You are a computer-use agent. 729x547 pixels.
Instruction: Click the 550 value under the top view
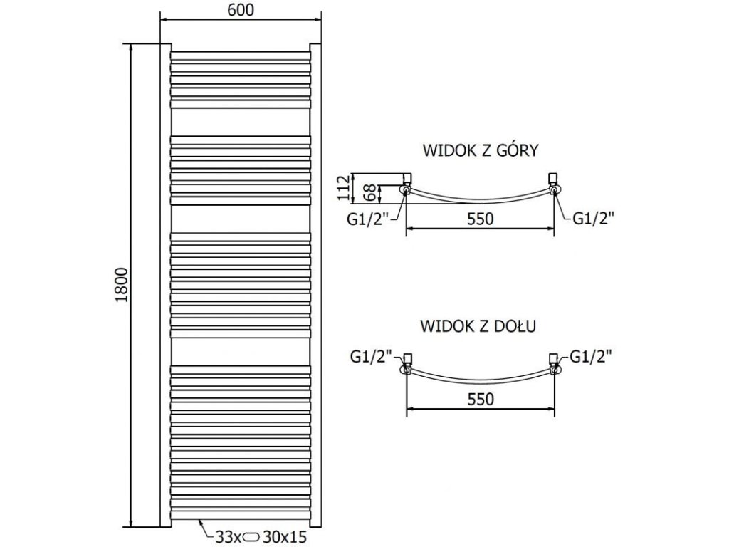481,219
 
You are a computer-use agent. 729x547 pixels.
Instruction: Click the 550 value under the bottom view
481,400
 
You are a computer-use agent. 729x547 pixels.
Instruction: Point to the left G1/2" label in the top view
367,219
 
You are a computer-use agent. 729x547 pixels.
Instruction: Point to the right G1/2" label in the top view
593,219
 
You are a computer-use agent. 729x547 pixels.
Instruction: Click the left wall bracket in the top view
407,177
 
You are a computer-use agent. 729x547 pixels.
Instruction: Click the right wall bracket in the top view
552,177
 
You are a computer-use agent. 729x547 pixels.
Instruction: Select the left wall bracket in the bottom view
408,358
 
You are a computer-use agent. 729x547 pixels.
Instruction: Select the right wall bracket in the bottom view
552,358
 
